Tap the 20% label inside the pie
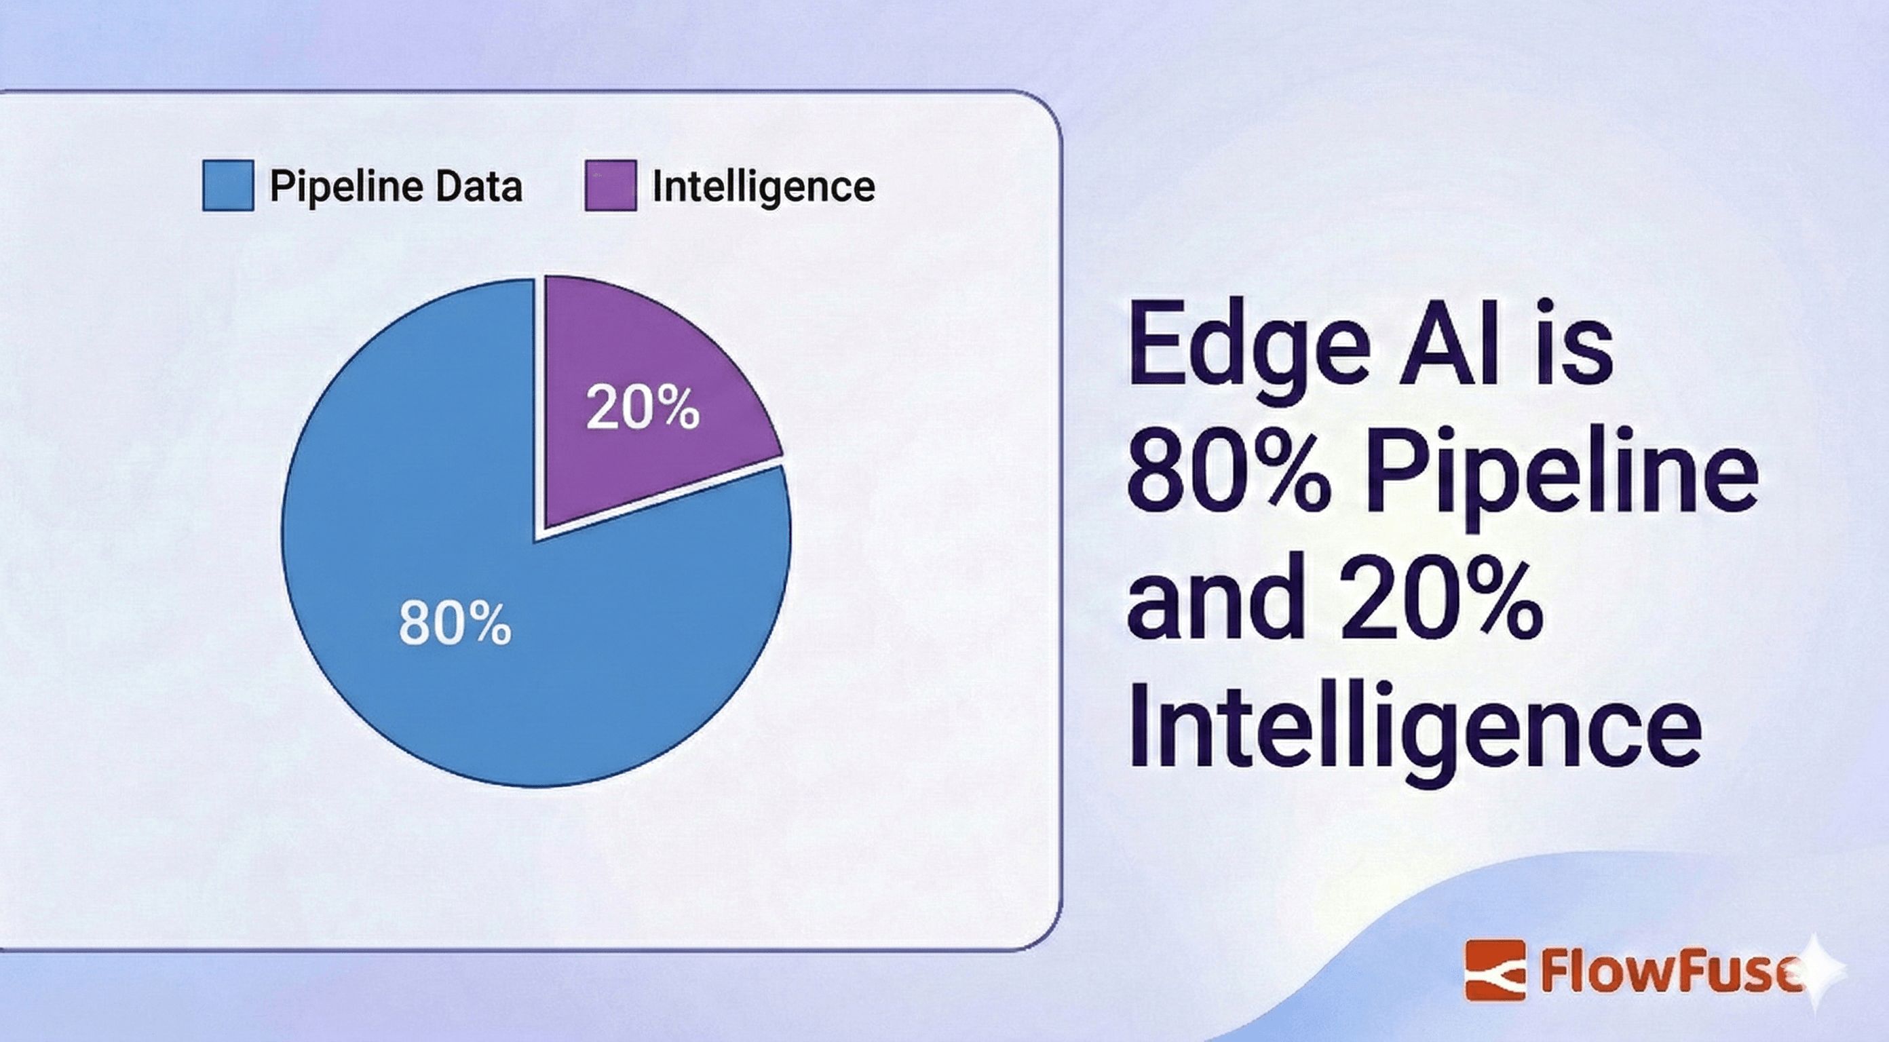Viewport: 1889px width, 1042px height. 643,408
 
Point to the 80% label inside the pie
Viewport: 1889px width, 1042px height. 455,623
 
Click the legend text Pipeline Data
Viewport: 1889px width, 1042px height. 396,187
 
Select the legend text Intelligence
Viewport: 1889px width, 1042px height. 763,187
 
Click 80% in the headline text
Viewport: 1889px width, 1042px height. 1228,469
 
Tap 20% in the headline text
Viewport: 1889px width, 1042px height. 1441,597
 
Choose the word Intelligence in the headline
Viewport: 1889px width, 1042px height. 1415,726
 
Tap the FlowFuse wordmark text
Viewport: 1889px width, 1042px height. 1672,971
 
